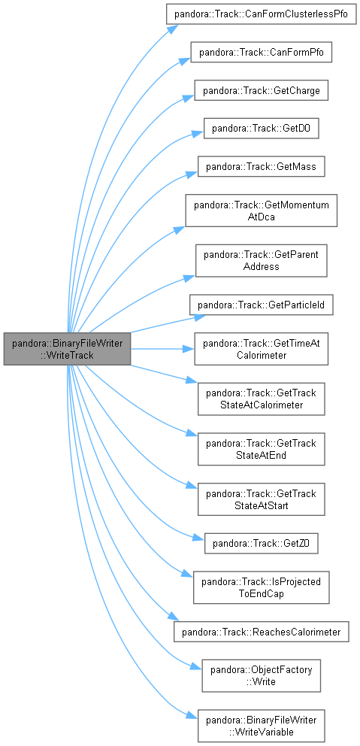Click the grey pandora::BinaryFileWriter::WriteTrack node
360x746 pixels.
67,349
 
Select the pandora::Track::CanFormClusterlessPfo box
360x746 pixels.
261,14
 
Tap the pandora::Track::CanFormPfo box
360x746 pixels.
261,52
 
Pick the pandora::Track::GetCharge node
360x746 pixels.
261,90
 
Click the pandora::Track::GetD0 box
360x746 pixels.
261,129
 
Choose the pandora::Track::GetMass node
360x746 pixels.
261,166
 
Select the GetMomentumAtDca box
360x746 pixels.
261,211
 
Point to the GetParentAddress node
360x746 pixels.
261,260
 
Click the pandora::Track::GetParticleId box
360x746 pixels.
261,305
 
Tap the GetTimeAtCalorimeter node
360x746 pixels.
261,349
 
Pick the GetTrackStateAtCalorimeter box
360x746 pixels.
261,399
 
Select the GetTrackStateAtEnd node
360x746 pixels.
261,449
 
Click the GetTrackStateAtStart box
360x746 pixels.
261,499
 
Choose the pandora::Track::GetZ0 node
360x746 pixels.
261,543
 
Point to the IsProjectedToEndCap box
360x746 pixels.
261,587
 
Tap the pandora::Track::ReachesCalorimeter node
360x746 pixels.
261,632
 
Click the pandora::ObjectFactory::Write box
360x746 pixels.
261,675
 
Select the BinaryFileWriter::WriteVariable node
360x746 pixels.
261,726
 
